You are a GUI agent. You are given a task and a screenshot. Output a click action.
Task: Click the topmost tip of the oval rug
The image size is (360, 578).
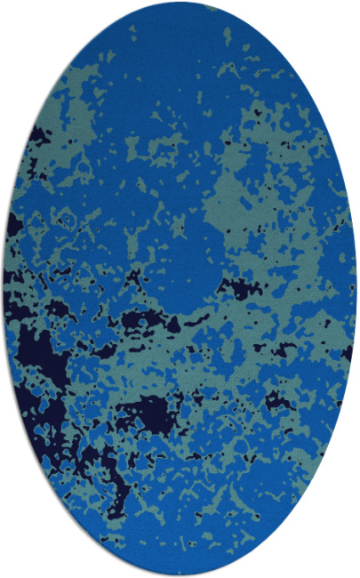tap(180, 4)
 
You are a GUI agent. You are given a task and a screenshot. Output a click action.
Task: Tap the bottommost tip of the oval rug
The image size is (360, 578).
tap(180, 574)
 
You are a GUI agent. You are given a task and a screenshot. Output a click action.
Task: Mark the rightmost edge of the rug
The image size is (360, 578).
tap(356, 289)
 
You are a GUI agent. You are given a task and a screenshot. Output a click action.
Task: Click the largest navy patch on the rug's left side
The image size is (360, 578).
tap(36, 356)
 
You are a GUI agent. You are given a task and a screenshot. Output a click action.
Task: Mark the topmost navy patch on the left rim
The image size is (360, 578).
tap(38, 135)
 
